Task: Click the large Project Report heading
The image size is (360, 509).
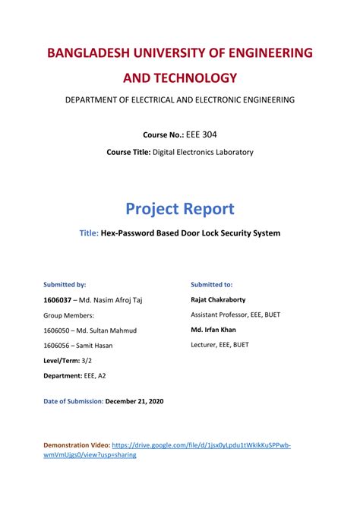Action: [179, 208]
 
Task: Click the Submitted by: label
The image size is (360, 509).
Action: [65, 284]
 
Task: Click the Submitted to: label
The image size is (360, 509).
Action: [212, 284]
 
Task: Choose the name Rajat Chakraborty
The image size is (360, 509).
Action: [218, 299]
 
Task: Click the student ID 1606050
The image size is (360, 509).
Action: [60, 330]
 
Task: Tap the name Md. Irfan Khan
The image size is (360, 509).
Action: [215, 330]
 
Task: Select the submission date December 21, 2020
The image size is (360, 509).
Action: [134, 401]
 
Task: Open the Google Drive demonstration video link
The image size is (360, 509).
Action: [201, 444]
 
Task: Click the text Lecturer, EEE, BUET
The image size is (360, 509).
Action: [219, 344]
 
